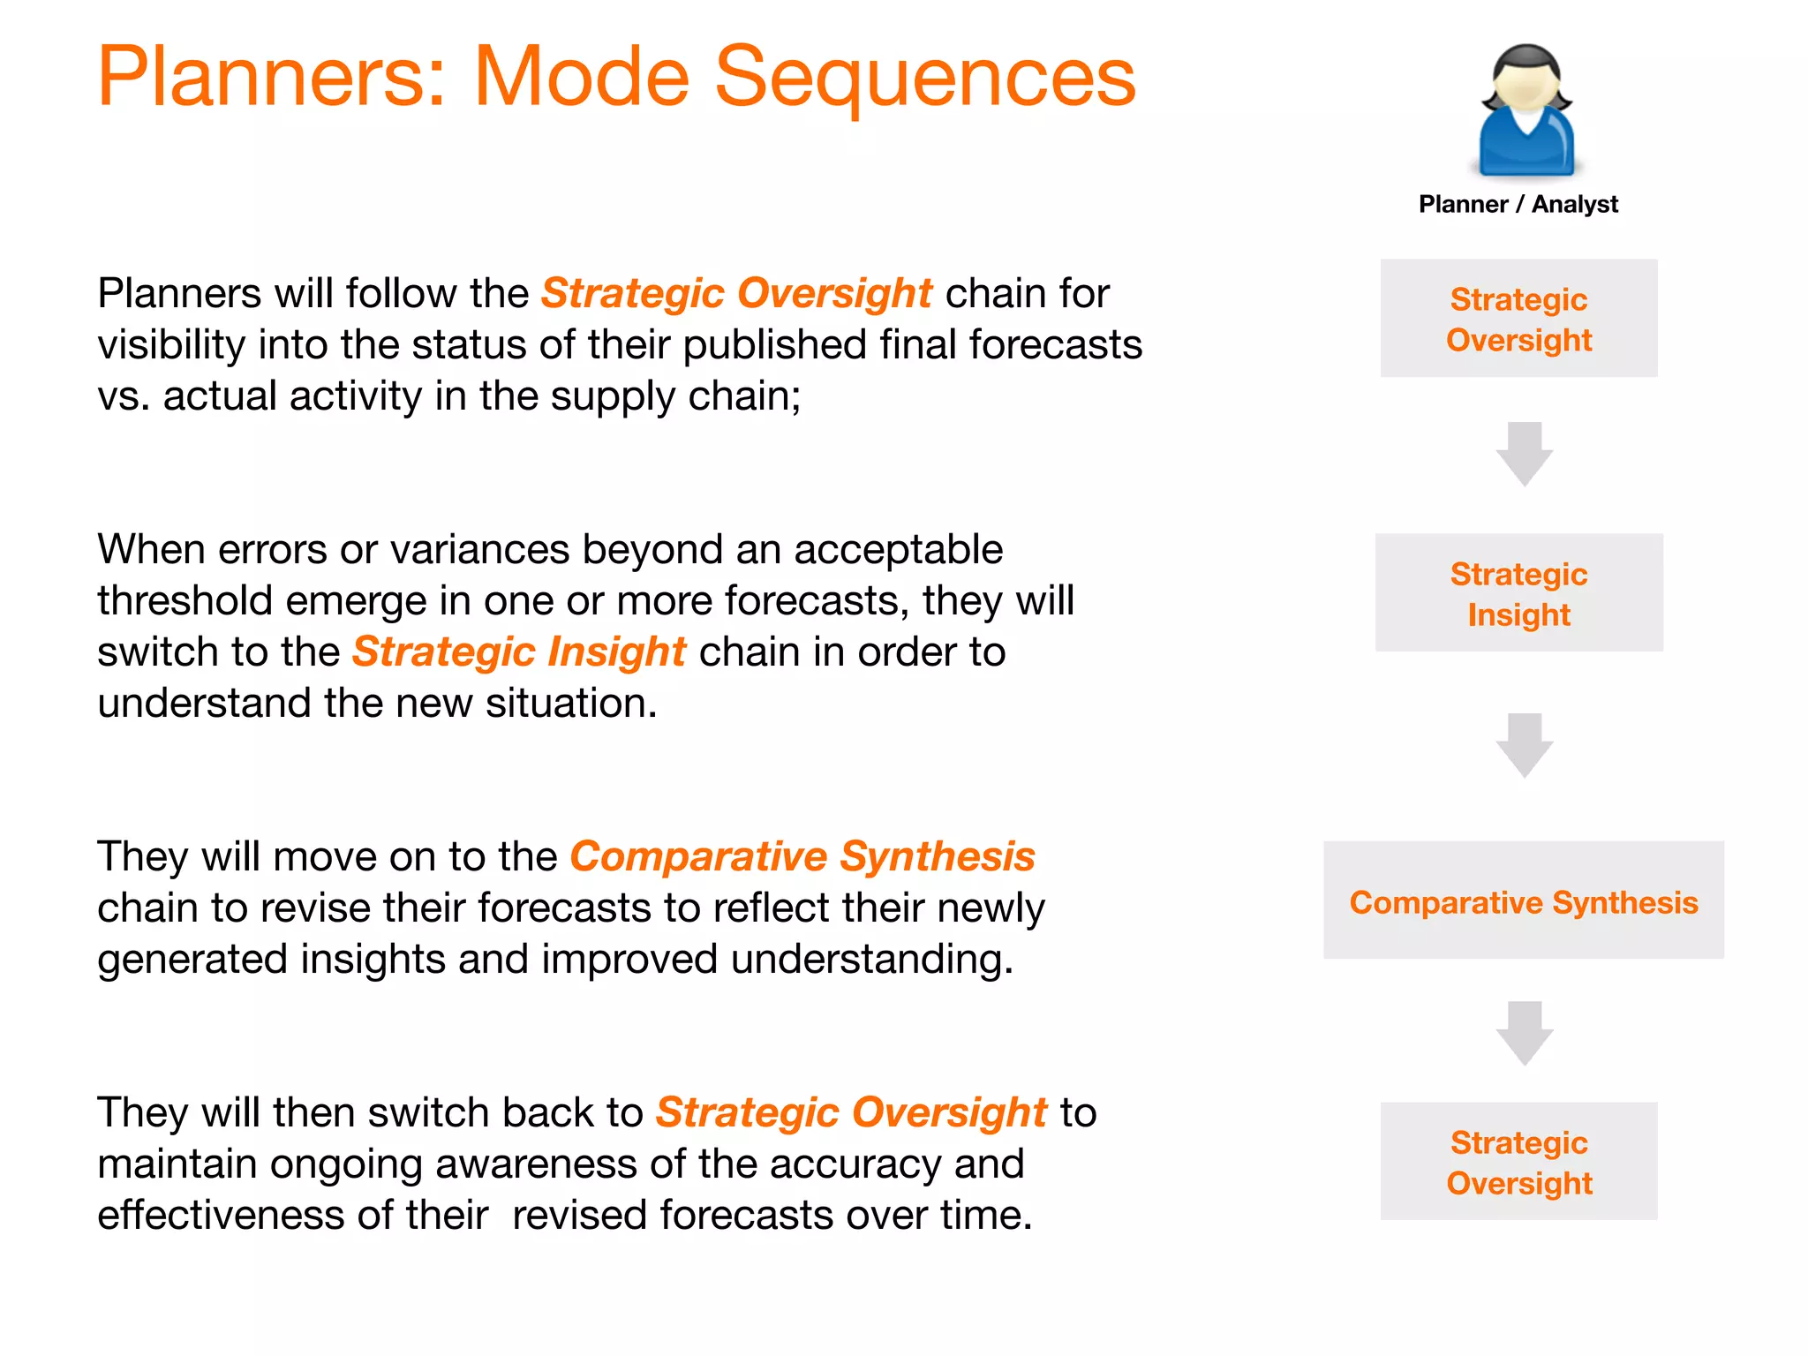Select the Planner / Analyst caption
[1518, 204]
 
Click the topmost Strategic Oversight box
[1518, 319]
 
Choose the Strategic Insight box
[1518, 593]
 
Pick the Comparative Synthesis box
[1523, 901]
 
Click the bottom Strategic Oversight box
[1518, 1162]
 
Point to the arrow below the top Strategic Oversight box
[1524, 454]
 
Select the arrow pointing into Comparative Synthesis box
[1524, 745]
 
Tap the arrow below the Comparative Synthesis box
[1524, 1033]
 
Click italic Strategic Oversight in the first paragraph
[736, 293]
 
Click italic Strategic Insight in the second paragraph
[519, 652]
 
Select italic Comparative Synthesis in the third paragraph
[802, 856]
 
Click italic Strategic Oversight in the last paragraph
[850, 1112]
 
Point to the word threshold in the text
[184, 601]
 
